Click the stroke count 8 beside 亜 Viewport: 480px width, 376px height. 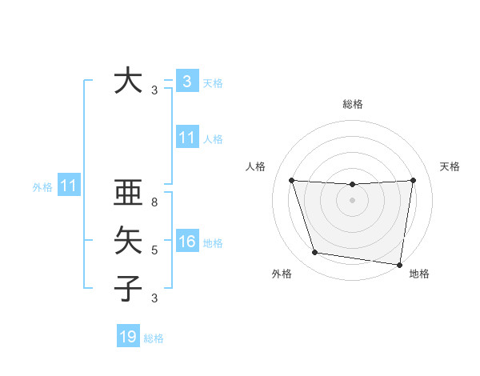154,202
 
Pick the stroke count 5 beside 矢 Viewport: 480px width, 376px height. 154,250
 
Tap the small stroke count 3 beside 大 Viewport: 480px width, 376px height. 154,91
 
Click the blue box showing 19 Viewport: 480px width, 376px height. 127,337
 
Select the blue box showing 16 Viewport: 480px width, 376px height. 186,242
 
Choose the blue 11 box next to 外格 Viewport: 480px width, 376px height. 68,186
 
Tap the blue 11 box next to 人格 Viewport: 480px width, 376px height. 186,138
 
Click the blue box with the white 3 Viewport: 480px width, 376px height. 186,81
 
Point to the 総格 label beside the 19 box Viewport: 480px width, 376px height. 154,338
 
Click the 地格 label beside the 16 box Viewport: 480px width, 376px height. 213,243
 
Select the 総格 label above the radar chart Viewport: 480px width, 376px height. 353,104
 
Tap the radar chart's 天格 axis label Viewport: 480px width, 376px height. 450,166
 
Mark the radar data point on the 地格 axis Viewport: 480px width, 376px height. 399,264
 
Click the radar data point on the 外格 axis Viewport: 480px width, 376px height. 315,253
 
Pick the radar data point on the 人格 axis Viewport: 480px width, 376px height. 292,181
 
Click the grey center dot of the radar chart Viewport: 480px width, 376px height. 352,200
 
